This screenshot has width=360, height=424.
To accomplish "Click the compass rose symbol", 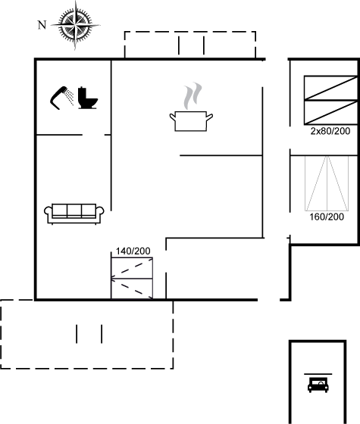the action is coord(75,26).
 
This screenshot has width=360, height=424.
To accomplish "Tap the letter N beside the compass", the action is coord(42,25).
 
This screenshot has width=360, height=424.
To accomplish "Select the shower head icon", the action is coord(61,98).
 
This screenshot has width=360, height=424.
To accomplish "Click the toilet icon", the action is coord(87,98).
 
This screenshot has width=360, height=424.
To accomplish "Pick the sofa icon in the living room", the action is coord(74,214).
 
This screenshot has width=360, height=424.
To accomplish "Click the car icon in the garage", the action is coord(318,385).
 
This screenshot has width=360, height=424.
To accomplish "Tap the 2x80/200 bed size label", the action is coord(330,131).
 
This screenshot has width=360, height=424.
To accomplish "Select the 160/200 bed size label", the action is coord(327,217).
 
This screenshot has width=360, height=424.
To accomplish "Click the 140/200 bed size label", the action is coord(133,251).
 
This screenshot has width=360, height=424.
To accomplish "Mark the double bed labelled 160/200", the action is coord(327,183).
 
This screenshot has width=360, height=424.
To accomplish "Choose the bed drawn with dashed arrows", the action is coord(132,279).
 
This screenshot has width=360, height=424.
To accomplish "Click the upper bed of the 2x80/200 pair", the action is coord(330,88).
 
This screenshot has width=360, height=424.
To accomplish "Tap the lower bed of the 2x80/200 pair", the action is coord(330,112).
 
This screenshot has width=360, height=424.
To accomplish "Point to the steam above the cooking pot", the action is coord(193,96).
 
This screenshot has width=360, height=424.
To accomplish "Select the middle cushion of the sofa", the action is coord(74,210).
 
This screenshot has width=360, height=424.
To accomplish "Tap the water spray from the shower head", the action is coord(70,98).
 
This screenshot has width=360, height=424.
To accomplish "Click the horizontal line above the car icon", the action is coord(318,374).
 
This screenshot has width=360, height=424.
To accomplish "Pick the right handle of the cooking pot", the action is coord(209,117).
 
